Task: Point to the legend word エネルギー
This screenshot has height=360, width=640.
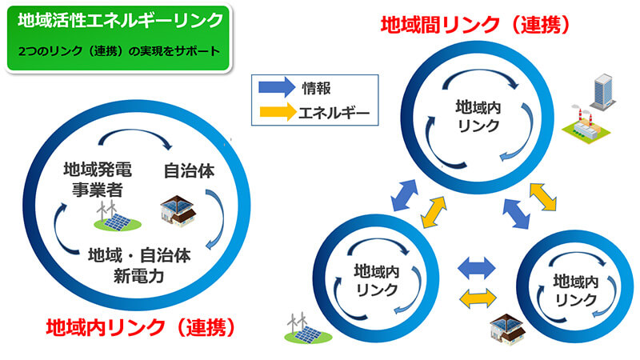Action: pyautogui.click(x=333, y=112)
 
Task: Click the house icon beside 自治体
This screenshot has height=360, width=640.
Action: pyautogui.click(x=180, y=210)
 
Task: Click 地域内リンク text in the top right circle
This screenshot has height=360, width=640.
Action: pyautogui.click(x=478, y=116)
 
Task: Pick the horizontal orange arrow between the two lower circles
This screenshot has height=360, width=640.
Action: pyautogui.click(x=478, y=298)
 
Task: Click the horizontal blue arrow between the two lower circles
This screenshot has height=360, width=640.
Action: pyautogui.click(x=478, y=266)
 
